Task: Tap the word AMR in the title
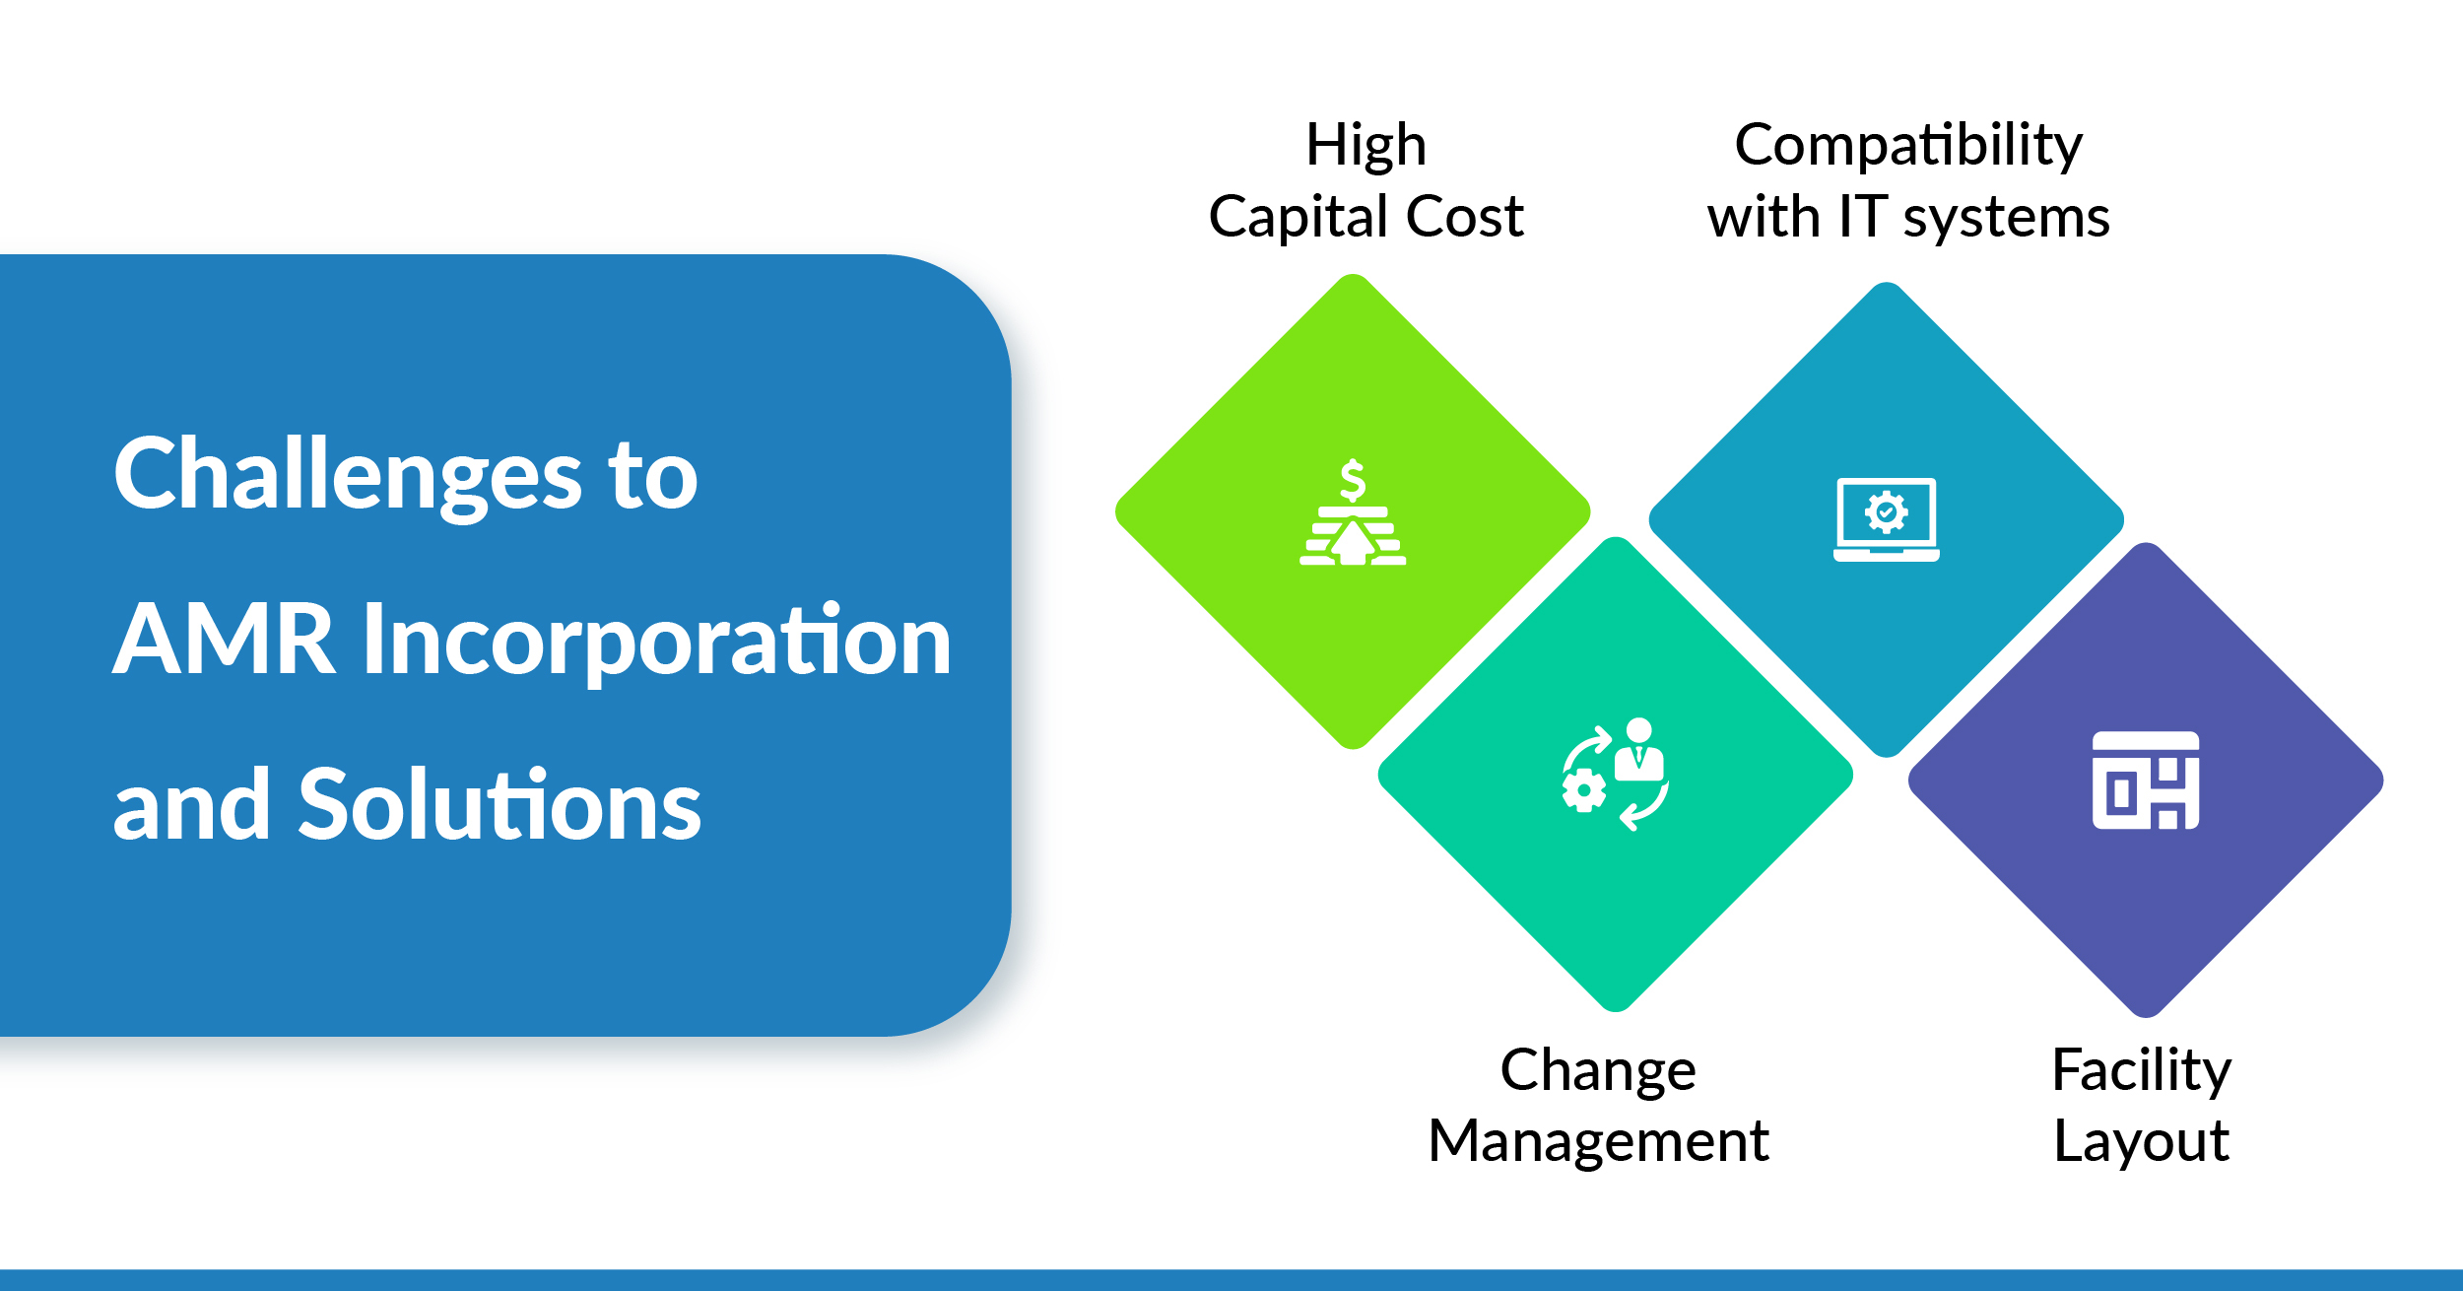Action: coord(224,641)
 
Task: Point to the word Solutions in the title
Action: coord(499,804)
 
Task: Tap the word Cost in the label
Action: coord(1465,217)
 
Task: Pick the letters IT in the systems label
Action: coord(1863,217)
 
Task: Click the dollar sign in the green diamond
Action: coord(1353,480)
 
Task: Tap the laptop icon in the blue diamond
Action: coord(1886,519)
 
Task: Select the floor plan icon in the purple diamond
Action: coord(2146,781)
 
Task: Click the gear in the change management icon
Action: coord(1584,791)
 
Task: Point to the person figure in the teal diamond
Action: coord(1638,750)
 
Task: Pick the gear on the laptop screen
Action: coord(1886,512)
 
